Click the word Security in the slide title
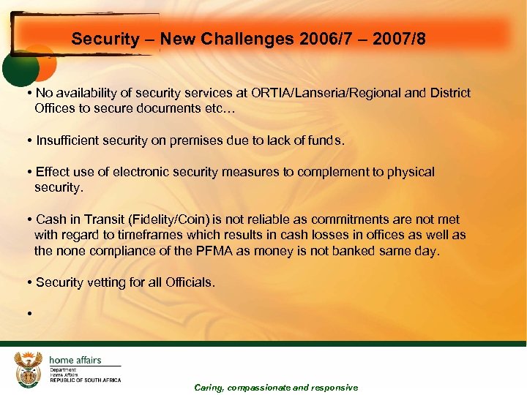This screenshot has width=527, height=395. (100, 39)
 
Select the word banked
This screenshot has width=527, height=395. (356, 251)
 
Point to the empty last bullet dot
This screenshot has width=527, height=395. (28, 314)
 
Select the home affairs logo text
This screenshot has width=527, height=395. (75, 360)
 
